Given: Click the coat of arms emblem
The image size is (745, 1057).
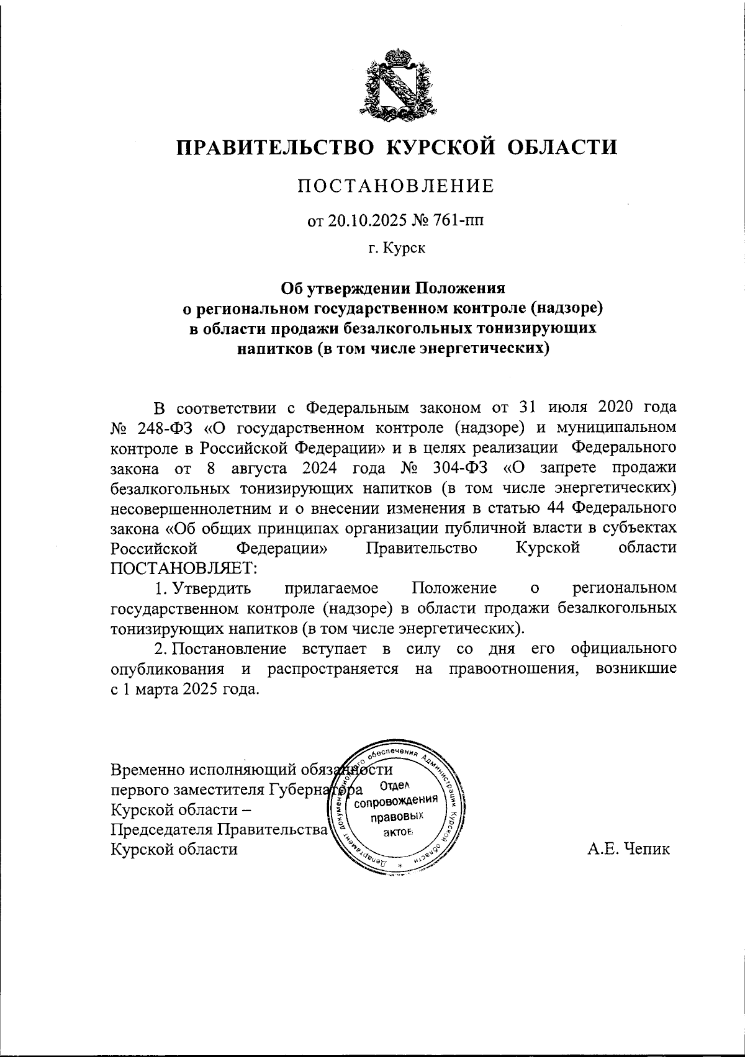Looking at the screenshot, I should point(395,84).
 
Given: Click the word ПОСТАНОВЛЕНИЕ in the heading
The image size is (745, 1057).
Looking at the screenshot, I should point(395,186).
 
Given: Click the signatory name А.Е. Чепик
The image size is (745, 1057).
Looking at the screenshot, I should point(629,848).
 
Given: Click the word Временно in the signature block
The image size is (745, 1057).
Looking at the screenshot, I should point(147,770).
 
